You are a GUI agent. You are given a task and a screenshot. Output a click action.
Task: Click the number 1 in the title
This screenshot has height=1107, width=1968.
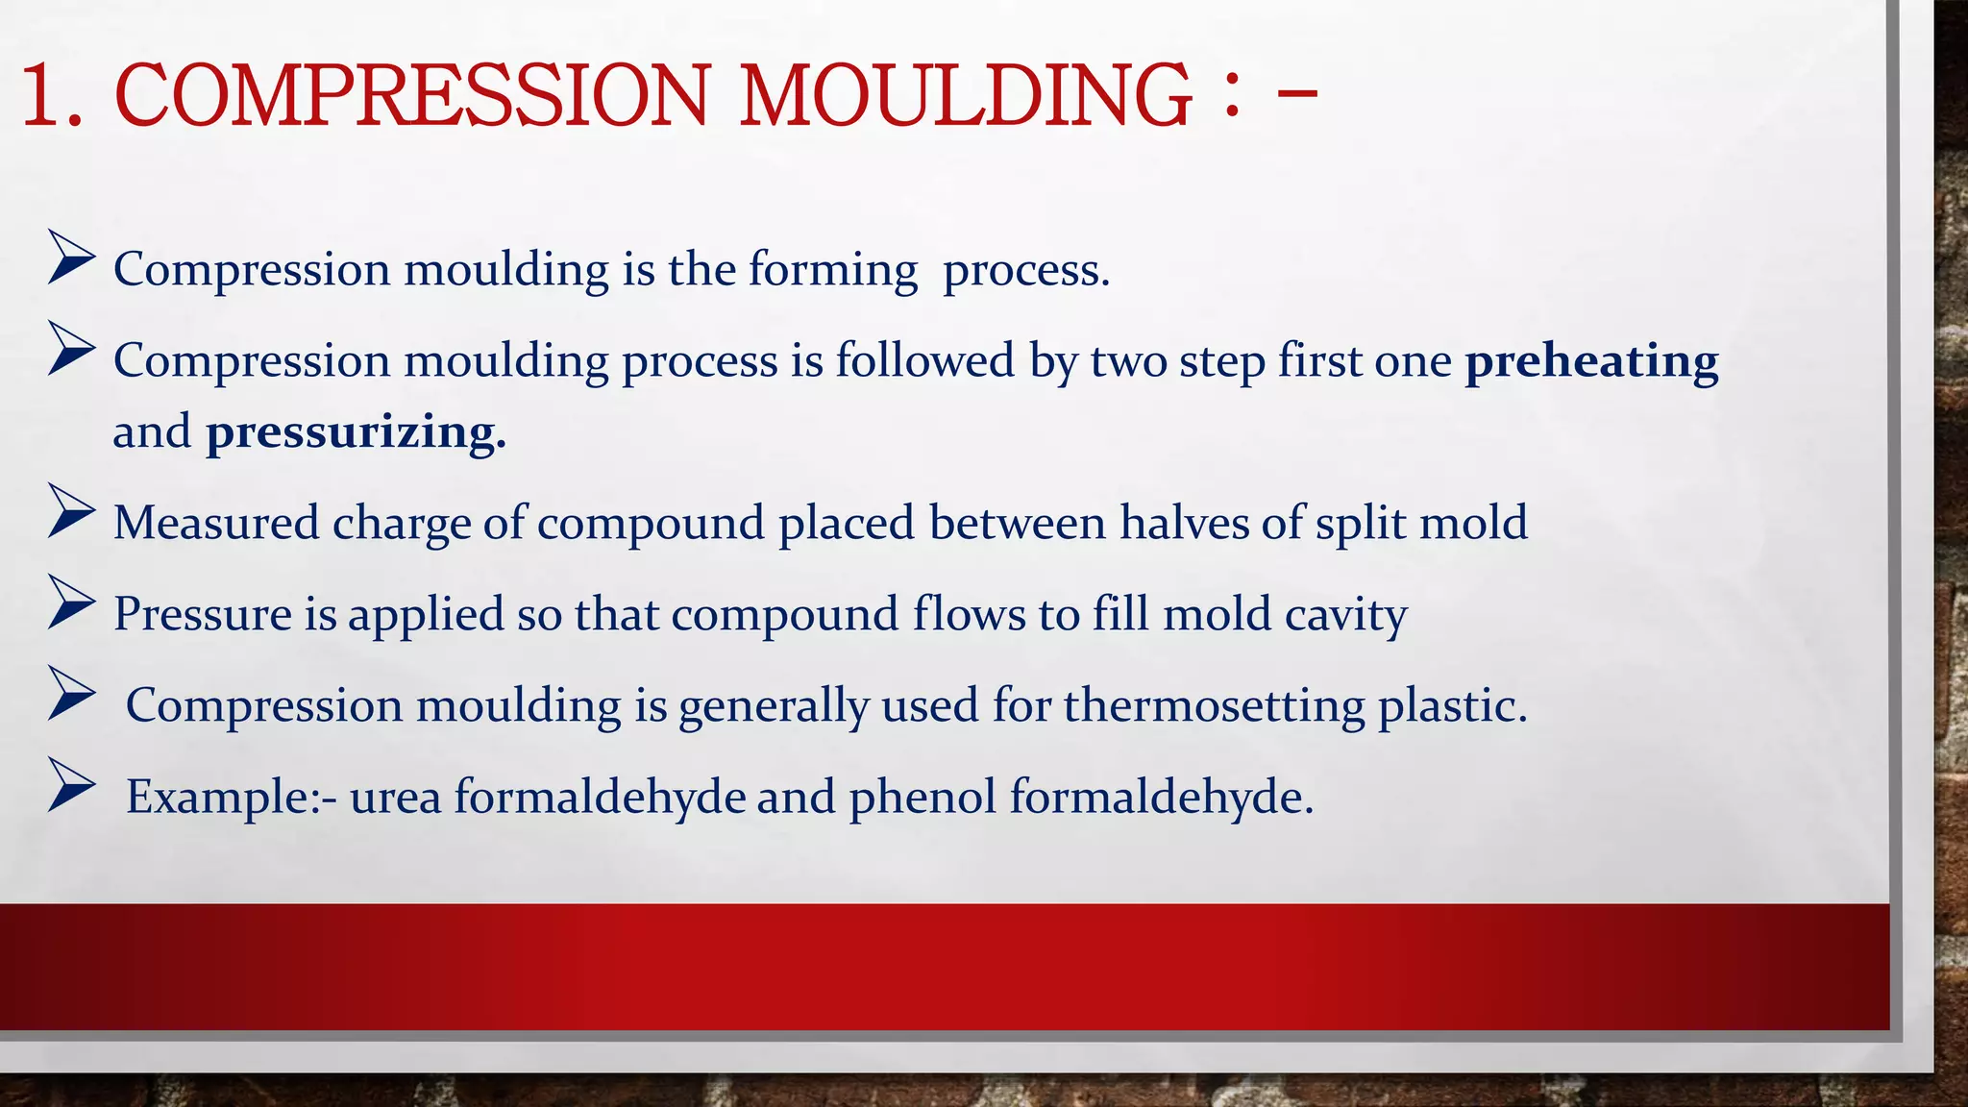(40, 95)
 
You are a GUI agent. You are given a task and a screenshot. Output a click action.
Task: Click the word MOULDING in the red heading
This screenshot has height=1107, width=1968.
(965, 95)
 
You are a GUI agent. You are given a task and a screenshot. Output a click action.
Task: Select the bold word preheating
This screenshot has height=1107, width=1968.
(1591, 361)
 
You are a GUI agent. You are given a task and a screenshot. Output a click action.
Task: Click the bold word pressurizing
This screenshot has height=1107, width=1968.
(356, 432)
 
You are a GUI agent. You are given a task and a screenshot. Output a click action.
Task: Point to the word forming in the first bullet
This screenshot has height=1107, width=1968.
(833, 270)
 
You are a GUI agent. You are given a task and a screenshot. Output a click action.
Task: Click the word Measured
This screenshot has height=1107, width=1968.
(216, 523)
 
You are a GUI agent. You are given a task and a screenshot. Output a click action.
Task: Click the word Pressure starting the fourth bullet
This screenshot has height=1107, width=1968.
(203, 614)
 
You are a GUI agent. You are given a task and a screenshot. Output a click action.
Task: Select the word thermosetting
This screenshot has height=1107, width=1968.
(1214, 706)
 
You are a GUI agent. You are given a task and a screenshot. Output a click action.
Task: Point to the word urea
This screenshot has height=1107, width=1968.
(395, 797)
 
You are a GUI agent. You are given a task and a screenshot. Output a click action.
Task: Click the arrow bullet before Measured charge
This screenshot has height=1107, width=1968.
(71, 511)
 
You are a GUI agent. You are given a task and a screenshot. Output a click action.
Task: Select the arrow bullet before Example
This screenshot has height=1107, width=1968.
(71, 785)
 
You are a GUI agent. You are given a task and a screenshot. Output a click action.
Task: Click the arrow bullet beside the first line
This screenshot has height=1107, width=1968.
(71, 258)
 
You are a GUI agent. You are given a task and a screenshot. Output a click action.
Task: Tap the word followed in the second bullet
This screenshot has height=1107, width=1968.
(924, 361)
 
